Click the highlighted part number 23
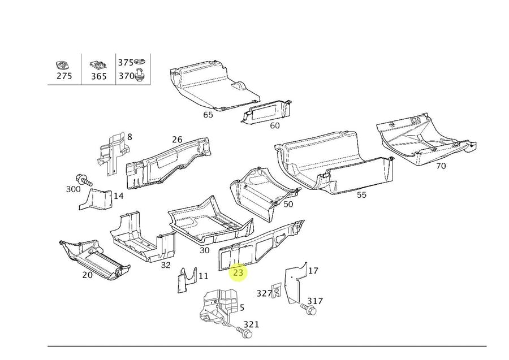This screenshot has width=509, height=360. pos(238,272)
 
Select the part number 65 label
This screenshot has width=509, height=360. pos(208,115)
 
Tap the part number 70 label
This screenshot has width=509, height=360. pos(441,166)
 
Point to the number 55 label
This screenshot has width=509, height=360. pos(361,194)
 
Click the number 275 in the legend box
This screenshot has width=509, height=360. pos(64,76)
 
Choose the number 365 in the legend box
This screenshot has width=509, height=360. pos(98,76)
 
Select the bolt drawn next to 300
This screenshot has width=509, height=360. pos(85,181)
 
